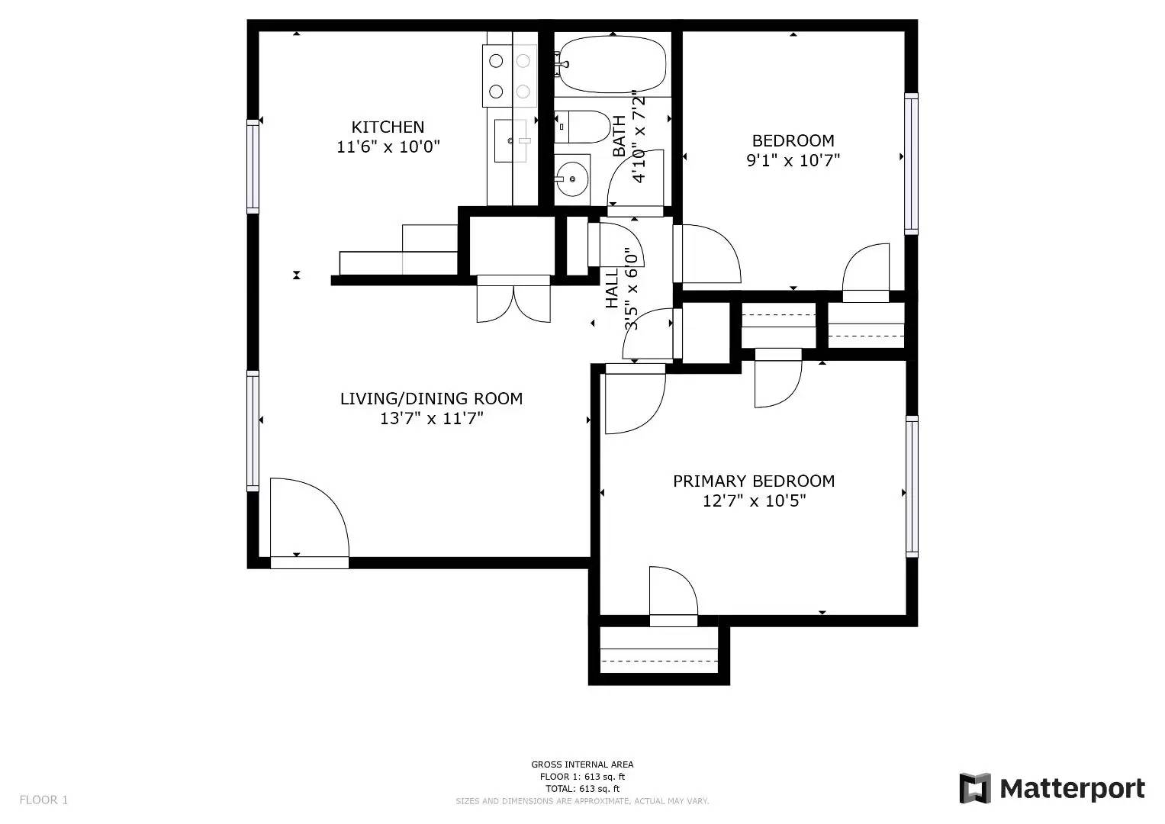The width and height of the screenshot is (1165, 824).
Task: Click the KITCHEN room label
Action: (388, 127)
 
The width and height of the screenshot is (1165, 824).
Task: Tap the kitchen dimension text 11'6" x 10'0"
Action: (388, 146)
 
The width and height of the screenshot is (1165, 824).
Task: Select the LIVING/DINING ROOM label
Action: (431, 398)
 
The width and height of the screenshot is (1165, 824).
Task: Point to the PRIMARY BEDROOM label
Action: (753, 481)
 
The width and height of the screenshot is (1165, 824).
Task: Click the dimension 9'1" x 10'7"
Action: (793, 160)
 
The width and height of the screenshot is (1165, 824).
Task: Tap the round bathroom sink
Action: (571, 180)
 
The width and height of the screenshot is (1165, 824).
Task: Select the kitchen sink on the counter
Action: (510, 141)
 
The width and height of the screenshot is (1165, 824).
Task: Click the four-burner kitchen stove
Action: (509, 76)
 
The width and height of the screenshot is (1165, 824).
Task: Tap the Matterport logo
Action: (1052, 788)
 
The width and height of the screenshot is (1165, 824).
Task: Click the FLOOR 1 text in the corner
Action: (43, 800)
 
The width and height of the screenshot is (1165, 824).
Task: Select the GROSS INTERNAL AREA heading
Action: (582, 764)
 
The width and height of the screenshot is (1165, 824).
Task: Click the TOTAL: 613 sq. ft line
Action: (582, 789)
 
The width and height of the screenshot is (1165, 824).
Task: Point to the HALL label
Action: (612, 288)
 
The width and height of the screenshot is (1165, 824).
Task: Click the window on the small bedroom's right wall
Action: (911, 163)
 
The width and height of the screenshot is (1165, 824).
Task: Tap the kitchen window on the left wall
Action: (253, 166)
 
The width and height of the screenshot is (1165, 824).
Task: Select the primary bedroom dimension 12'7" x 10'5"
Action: (754, 501)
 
